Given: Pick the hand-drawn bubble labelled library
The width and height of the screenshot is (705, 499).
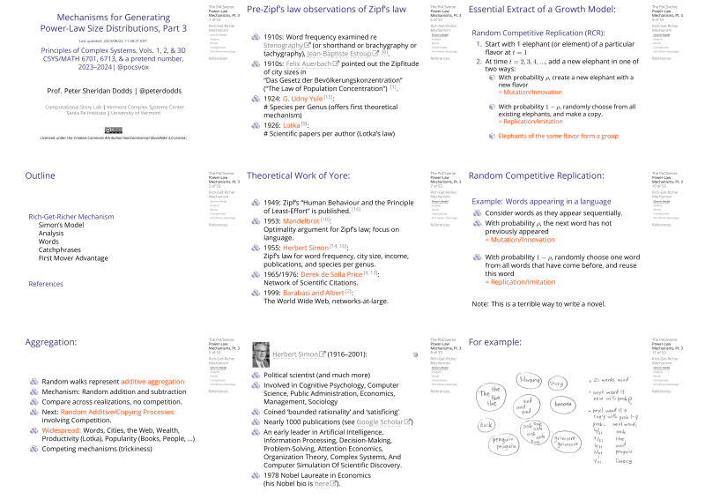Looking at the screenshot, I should click(x=530, y=381).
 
